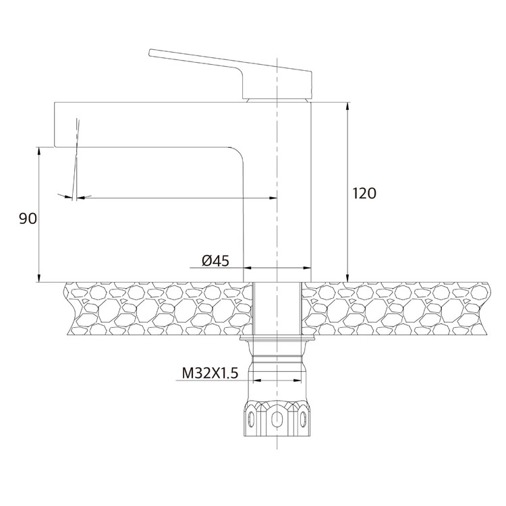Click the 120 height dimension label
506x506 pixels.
tap(364, 194)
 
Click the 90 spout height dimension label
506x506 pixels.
tap(28, 219)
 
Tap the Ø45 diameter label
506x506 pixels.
tap(215, 260)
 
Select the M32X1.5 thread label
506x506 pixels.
tap(210, 373)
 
